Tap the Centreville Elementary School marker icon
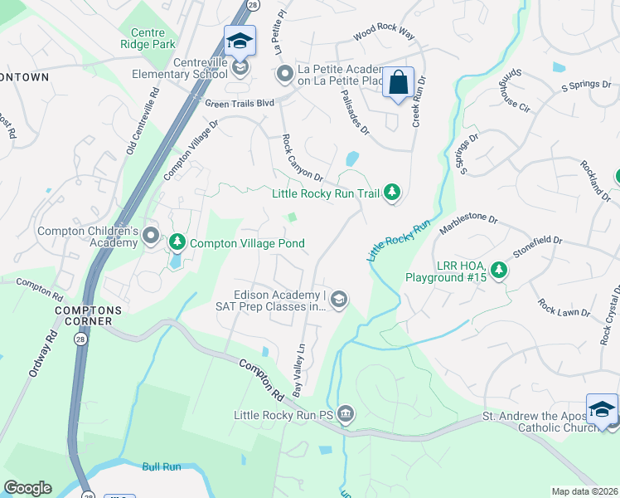click(x=240, y=67)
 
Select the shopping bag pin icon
click(x=398, y=83)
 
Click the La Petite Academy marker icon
click(x=285, y=74)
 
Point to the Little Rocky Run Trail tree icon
click(x=392, y=193)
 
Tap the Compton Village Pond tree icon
click(x=177, y=243)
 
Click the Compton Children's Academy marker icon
click(x=151, y=236)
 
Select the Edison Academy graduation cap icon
click(x=338, y=299)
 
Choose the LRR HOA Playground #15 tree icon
click(x=498, y=270)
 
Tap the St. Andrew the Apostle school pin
click(x=601, y=409)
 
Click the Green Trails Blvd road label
click(x=239, y=103)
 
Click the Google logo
click(x=27, y=488)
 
